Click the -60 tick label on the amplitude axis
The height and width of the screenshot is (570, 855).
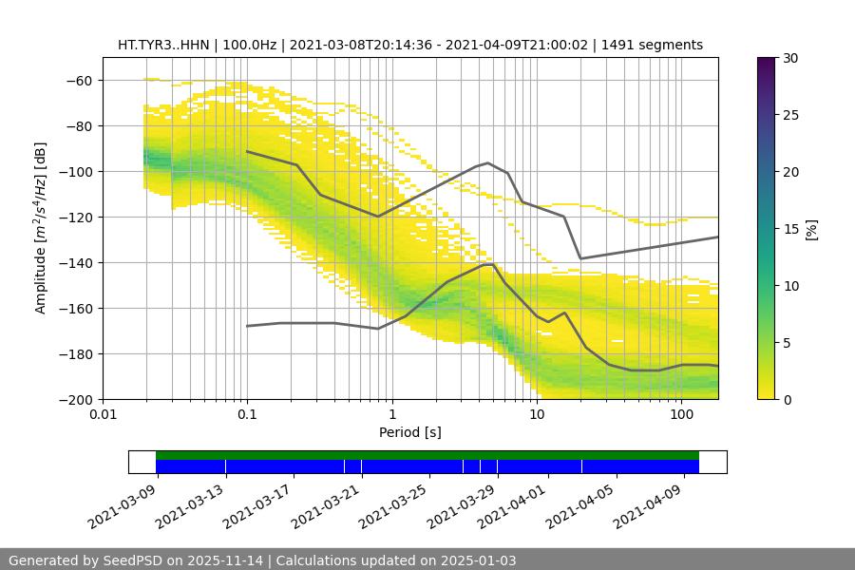pyautogui.click(x=79, y=81)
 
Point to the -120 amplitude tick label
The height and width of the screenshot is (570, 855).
pyautogui.click(x=76, y=218)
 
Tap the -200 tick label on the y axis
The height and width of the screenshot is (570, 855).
pyautogui.click(x=76, y=400)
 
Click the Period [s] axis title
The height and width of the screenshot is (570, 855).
pyautogui.click(x=410, y=433)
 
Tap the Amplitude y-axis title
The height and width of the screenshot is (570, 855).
pyautogui.click(x=41, y=228)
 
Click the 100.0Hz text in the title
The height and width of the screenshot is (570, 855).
pyautogui.click(x=248, y=45)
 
